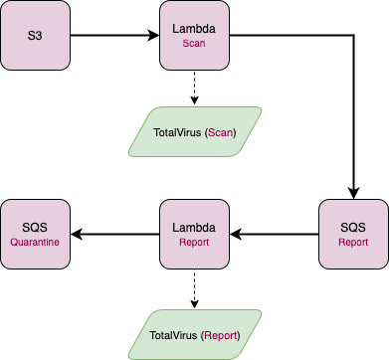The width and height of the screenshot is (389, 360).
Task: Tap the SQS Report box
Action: click(x=353, y=234)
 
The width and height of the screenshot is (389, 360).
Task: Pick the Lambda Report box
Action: click(x=195, y=234)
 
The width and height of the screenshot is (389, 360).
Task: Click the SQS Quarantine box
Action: click(x=36, y=234)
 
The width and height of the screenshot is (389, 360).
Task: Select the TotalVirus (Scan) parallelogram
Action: click(x=195, y=131)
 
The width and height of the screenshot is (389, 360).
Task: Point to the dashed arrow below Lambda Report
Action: click(x=195, y=288)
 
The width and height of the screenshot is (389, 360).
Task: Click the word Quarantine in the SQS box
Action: click(x=36, y=242)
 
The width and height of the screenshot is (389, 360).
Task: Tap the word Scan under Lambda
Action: click(x=195, y=44)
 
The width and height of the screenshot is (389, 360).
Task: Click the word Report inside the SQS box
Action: click(x=353, y=242)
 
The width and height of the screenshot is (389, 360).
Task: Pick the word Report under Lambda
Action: click(x=195, y=242)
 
